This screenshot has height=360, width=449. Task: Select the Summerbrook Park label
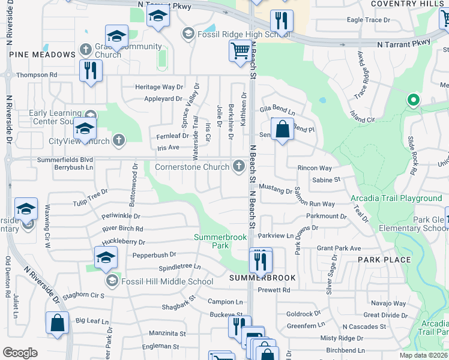pos(220,241)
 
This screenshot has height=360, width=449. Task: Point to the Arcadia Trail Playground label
pos(396,198)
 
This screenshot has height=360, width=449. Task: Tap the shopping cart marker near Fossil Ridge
pos(240,51)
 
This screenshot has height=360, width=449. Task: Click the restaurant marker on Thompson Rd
pos(91,70)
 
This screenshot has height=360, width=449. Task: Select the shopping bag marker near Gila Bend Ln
pos(282,129)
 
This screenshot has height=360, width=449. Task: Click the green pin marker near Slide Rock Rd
pos(412,100)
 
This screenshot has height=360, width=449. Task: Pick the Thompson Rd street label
pos(37,75)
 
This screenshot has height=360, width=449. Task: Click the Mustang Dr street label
pos(276,189)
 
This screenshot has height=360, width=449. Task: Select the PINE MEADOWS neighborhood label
pos(42,55)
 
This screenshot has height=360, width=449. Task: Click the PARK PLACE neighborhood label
pos(384,260)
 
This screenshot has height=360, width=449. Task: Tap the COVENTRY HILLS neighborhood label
pos(409,4)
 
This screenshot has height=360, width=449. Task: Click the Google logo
pos(20,353)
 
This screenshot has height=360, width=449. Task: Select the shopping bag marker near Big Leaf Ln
pos(58,323)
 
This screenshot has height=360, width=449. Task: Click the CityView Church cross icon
pos(119,141)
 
